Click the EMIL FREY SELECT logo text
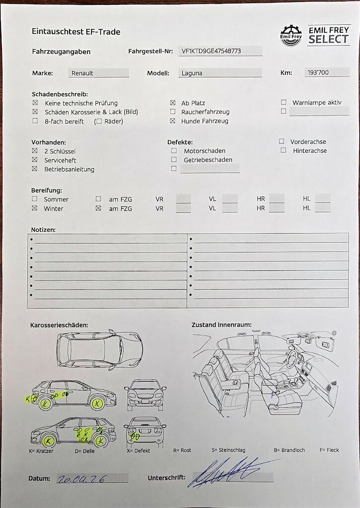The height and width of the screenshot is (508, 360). coord(328,35)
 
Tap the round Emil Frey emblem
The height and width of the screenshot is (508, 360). coord(291,36)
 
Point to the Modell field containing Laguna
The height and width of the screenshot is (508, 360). coord(219,73)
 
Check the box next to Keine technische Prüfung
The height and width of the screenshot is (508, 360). coord(35,103)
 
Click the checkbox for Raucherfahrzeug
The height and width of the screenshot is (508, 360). coord(173,112)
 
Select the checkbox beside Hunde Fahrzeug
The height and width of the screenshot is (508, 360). coord(173,121)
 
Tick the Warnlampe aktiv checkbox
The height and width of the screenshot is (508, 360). coord(284,102)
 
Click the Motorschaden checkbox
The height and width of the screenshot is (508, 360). coord(174,150)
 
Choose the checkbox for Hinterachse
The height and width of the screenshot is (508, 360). coord(283,150)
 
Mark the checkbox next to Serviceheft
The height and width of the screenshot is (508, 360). coord(35,160)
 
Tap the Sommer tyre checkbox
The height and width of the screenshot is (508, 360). coord(35,199)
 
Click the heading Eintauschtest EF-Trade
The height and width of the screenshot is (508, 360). coord(76,32)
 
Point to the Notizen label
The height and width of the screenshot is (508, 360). coord(43,230)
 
